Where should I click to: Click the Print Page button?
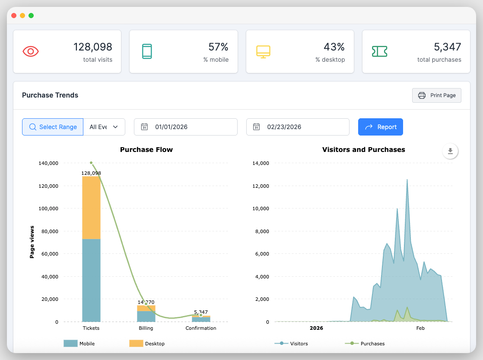(x=437, y=95)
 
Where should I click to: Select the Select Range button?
(x=53, y=127)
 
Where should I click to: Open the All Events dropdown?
(x=104, y=127)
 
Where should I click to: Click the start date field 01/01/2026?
(x=186, y=127)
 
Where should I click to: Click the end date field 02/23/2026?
(x=298, y=127)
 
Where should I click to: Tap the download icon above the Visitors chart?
(x=450, y=151)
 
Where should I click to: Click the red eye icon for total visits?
(x=31, y=51)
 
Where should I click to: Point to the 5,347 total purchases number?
(x=447, y=47)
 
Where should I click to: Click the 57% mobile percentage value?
(x=218, y=47)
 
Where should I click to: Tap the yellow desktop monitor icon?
(x=263, y=51)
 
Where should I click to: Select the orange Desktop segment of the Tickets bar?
(x=91, y=207)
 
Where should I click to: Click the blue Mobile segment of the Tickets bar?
(x=91, y=281)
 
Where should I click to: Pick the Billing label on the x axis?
(x=146, y=328)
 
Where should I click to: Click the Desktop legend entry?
(x=147, y=344)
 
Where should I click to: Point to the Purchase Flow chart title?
(x=146, y=150)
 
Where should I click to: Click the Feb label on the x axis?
(x=420, y=328)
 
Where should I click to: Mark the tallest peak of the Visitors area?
(x=407, y=180)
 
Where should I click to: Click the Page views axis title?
(x=32, y=242)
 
